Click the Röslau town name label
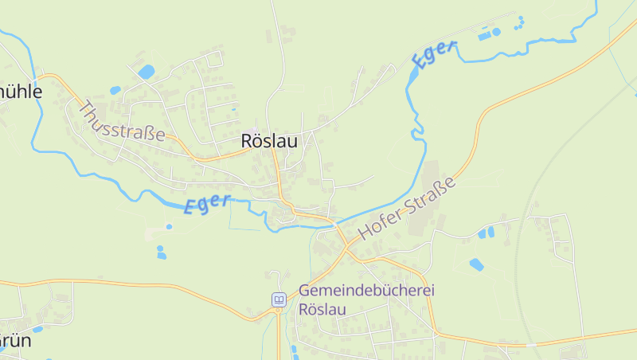point(269,142)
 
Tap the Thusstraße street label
point(123,121)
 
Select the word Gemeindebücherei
point(367,291)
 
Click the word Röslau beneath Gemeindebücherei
point(322,309)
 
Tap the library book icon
point(279,299)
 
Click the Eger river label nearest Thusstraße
point(207,204)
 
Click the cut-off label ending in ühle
point(20,91)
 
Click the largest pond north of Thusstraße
point(146,72)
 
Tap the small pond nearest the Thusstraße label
point(115,90)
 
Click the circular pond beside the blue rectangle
point(496,32)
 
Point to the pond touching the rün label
point(37,328)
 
